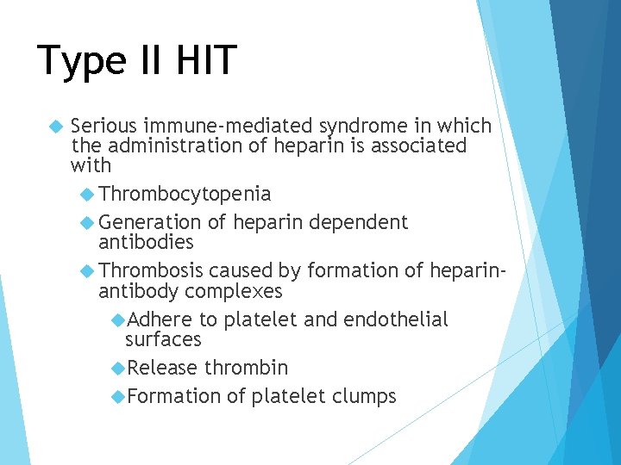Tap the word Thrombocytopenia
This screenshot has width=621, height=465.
pyautogui.click(x=185, y=194)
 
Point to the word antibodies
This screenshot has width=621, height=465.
pyautogui.click(x=146, y=242)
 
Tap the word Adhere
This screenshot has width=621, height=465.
pyautogui.click(x=160, y=319)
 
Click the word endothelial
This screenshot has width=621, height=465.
pyautogui.click(x=395, y=319)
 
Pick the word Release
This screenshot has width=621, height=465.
pyautogui.click(x=163, y=368)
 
